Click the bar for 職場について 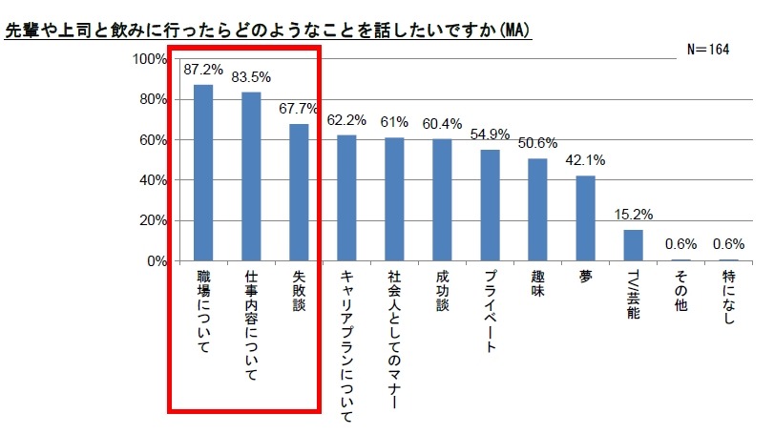click(x=203, y=173)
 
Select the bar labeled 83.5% click(x=251, y=176)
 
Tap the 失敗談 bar click(x=299, y=193)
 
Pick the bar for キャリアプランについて click(x=346, y=197)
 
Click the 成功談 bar click(x=442, y=199)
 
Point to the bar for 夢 click(x=585, y=218)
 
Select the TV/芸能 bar click(x=633, y=245)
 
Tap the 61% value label click(x=393, y=122)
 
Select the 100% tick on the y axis click(x=150, y=59)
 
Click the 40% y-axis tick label click(x=153, y=180)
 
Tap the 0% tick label click(x=157, y=261)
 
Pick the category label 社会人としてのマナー click(x=394, y=340)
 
